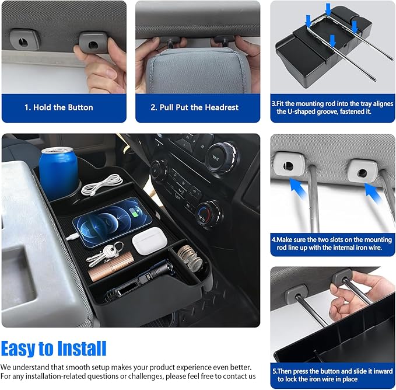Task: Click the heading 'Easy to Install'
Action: coord(54,349)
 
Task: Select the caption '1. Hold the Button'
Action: coord(58,107)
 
